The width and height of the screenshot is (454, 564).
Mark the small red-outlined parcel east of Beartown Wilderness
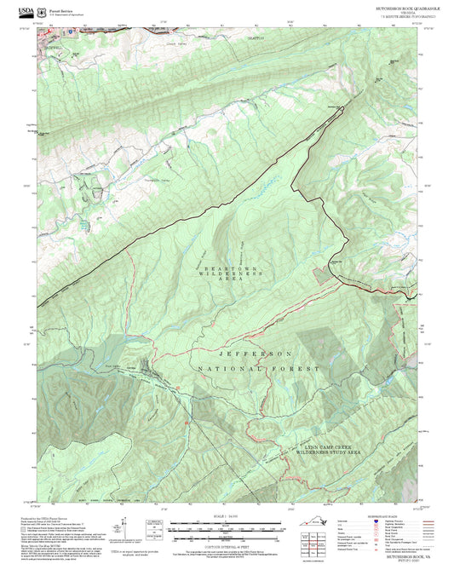pos(321,273)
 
